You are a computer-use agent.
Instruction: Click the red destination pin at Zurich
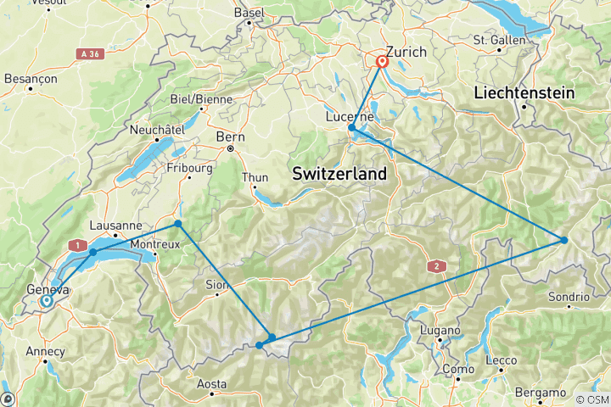383,61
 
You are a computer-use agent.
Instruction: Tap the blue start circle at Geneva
47,300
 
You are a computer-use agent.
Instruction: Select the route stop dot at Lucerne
351,128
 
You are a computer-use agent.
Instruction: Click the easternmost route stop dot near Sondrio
563,240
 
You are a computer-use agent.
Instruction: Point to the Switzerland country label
339,174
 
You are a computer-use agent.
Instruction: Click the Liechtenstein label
525,92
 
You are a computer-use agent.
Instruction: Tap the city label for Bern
230,136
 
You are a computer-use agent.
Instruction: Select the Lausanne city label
115,226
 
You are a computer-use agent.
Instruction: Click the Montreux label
155,244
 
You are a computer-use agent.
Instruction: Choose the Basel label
249,14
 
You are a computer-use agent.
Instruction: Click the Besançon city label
30,78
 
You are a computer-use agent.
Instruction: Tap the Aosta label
212,384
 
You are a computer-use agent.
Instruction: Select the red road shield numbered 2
437,266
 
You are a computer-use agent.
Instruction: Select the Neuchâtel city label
156,130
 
